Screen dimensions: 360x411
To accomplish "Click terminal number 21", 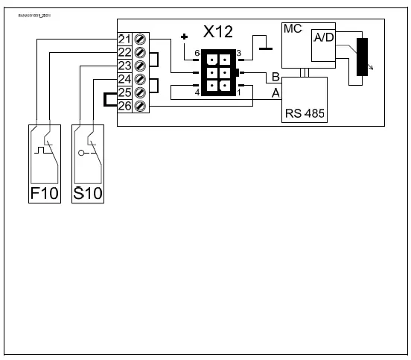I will [x=124, y=39].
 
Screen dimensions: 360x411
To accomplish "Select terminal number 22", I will [x=124, y=52].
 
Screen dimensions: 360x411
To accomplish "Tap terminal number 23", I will [x=124, y=66].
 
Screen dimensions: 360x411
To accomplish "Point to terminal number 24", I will [x=124, y=79].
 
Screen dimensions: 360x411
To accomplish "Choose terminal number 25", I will [x=124, y=92].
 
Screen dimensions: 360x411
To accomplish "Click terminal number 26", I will [x=124, y=106].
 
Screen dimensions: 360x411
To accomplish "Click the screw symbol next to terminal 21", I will [x=138, y=39].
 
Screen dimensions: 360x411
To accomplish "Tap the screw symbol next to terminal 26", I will [x=138, y=106].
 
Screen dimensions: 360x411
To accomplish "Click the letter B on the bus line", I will [x=275, y=77].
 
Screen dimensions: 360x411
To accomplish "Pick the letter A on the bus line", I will [x=275, y=92].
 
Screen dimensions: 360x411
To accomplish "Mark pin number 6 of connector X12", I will [x=197, y=54].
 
